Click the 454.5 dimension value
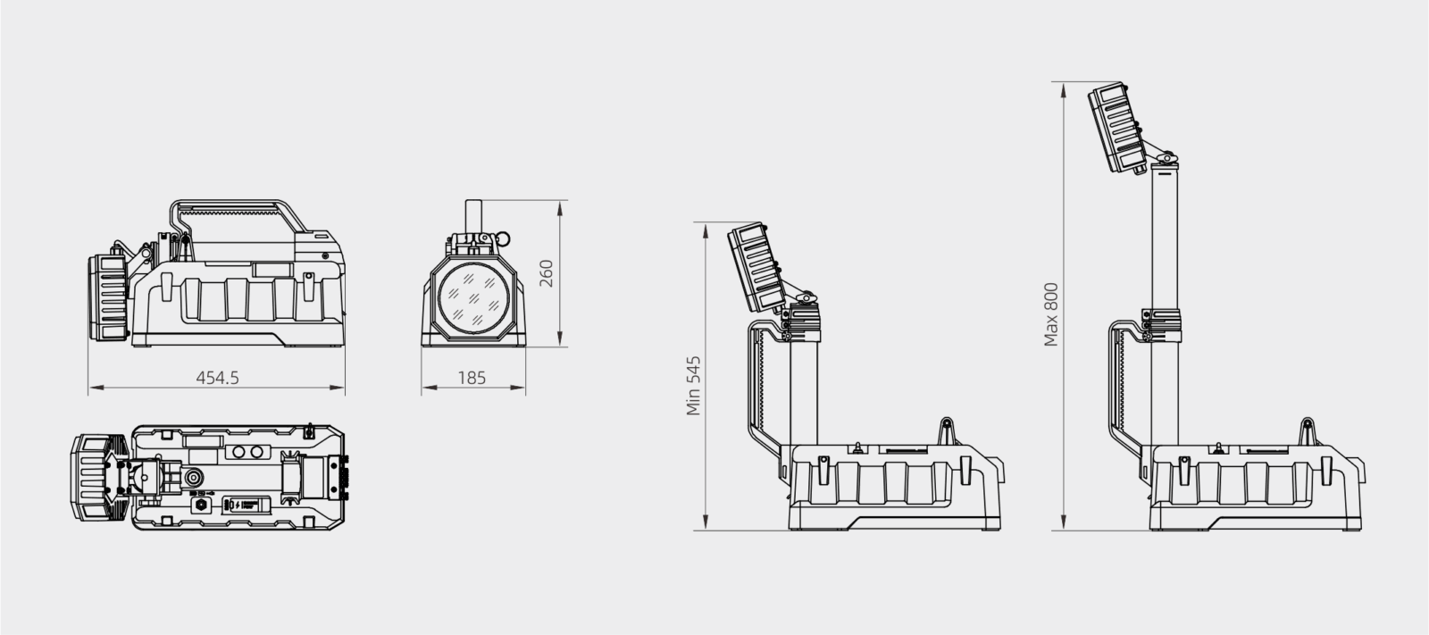pyautogui.click(x=217, y=377)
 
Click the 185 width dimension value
pyautogui.click(x=472, y=377)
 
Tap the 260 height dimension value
pyautogui.click(x=547, y=273)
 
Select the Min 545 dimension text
pyautogui.click(x=694, y=386)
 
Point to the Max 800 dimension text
pyautogui.click(x=1051, y=314)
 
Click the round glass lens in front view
pyautogui.click(x=472, y=299)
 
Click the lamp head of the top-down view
pyautogui.click(x=92, y=477)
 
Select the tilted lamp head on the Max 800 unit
pyautogui.click(x=1116, y=127)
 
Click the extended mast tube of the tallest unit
pyautogui.click(x=1164, y=241)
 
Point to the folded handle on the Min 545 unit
pyautogui.click(x=759, y=384)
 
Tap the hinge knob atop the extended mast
pyautogui.click(x=1166, y=158)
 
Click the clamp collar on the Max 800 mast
pyautogui.click(x=1163, y=323)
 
